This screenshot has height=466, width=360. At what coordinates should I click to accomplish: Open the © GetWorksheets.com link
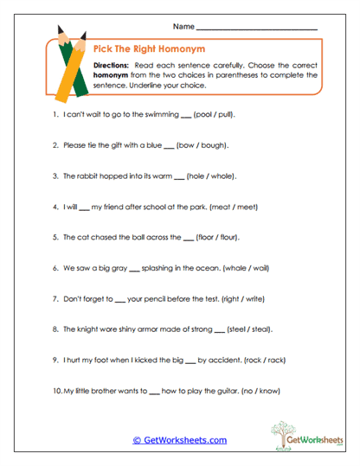(x=179, y=440)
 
